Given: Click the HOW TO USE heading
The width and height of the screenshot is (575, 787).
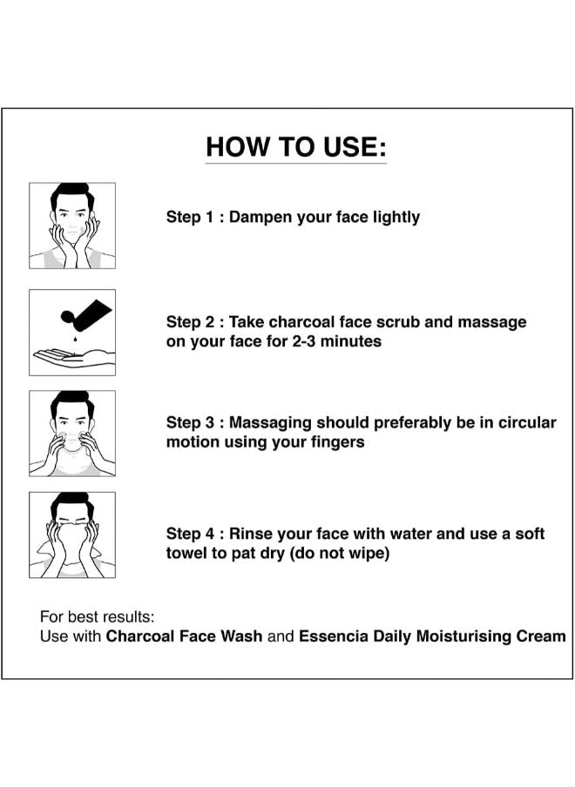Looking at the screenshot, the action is coord(296,147).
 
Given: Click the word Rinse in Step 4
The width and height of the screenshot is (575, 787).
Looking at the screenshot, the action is coord(251,534).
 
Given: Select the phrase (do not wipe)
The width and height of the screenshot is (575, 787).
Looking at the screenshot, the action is coord(340,553).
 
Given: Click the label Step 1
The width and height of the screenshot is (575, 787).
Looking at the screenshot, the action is coord(190,218).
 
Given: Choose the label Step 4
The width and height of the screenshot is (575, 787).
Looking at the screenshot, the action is coord(190,534).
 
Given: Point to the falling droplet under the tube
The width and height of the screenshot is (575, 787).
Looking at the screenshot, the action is coord(75,339).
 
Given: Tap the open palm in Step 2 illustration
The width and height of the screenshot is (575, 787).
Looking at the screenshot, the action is coord(74,357).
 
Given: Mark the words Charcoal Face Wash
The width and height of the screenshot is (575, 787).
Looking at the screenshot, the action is coord(184,636).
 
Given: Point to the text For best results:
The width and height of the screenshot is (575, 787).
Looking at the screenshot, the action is coord(98,616).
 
